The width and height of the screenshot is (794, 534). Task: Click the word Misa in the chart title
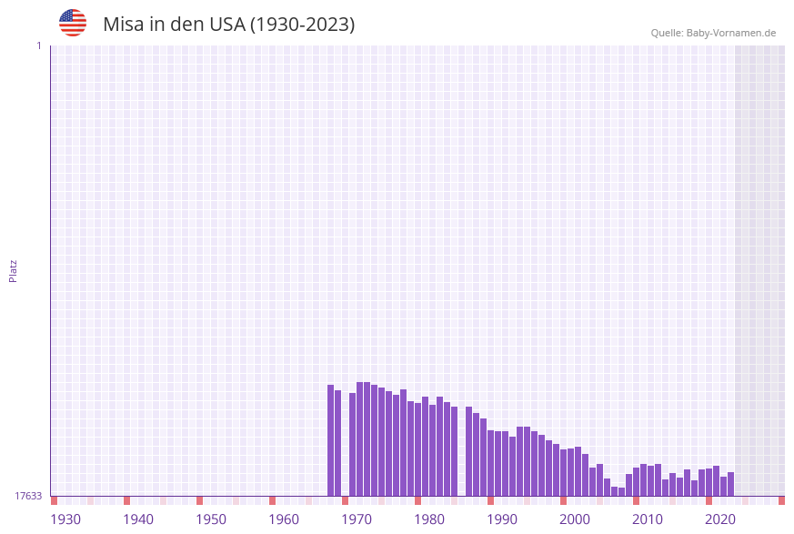coord(122,25)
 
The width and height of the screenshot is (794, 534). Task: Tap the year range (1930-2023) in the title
coord(302,25)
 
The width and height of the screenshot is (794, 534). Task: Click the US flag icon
coord(73,23)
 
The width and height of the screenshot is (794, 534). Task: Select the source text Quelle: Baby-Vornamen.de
coord(713,33)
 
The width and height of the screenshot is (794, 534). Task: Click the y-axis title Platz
coord(14,270)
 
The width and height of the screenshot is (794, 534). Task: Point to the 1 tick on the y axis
coord(38,45)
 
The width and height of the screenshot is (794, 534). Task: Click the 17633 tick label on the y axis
coord(27,496)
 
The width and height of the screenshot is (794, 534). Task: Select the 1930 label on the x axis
coord(65,519)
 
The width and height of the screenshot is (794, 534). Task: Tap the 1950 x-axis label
coord(211,519)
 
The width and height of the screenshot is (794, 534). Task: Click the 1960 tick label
coord(284,519)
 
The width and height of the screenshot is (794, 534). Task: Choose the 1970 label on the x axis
coord(357,519)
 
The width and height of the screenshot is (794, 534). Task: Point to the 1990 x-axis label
coord(502,519)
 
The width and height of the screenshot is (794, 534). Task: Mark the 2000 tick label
coord(575,519)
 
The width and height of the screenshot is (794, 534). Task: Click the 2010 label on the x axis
coord(648,519)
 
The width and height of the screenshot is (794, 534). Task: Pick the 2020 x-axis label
coord(720,519)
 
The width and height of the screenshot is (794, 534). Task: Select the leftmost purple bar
coord(331,440)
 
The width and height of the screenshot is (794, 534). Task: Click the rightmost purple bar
coord(730,484)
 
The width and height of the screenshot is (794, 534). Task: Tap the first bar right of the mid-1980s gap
coord(469,451)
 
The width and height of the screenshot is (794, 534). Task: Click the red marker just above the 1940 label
coord(127,500)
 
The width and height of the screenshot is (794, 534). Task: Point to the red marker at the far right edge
coord(781,500)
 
